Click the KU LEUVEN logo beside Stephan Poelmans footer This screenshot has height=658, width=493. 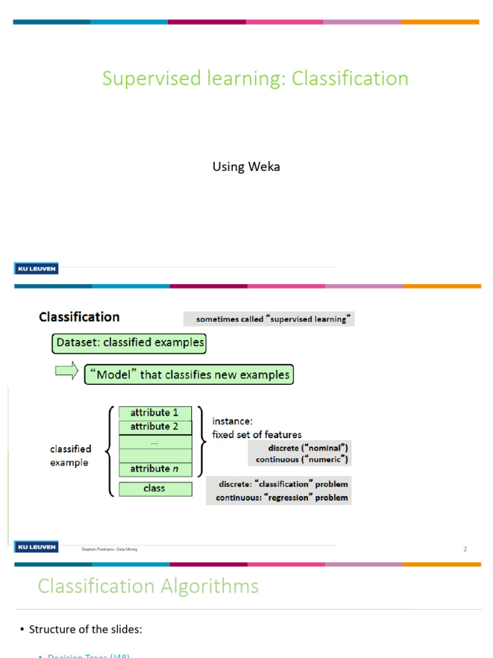36,547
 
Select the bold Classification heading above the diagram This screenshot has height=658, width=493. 79,317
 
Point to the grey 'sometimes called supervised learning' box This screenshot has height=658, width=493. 269,319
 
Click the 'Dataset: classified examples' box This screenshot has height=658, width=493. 129,343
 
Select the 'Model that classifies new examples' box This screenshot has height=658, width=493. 189,375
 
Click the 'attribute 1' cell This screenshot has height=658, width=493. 155,413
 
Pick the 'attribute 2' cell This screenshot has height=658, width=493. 155,427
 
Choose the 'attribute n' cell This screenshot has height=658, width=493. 155,469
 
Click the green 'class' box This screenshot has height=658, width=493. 155,489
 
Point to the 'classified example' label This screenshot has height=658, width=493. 71,456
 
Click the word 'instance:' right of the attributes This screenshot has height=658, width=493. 232,422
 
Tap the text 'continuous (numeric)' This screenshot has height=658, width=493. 302,459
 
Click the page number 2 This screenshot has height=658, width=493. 465,549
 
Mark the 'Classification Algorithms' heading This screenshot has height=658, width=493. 148,586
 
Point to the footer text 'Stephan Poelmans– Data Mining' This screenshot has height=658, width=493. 109,549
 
